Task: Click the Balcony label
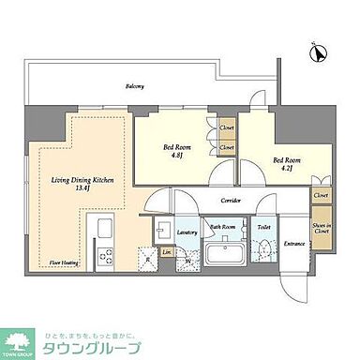(136, 86)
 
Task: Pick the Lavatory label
(186, 231)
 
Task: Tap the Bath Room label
(222, 227)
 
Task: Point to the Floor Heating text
(65, 264)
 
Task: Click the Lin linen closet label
(166, 251)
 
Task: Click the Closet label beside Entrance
(322, 196)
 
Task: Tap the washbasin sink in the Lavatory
(162, 232)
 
